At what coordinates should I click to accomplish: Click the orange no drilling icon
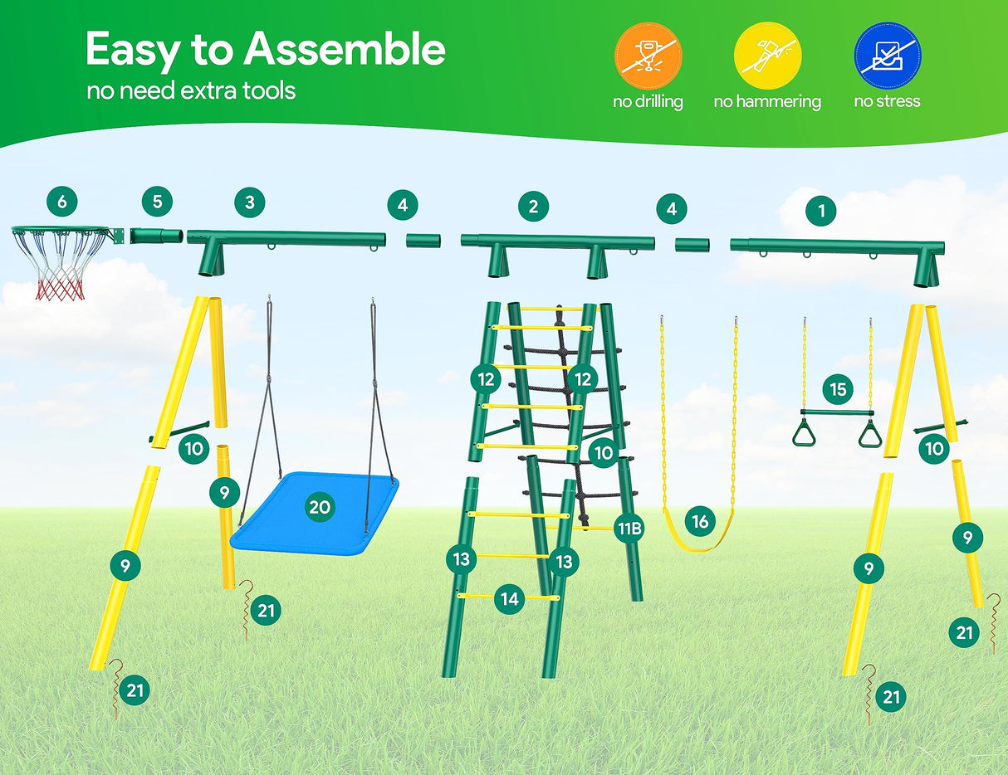pyautogui.click(x=648, y=56)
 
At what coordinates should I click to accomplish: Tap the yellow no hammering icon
pyautogui.click(x=767, y=56)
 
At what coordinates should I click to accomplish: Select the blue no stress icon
pyautogui.click(x=887, y=56)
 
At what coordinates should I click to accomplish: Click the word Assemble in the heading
pyautogui.click(x=345, y=50)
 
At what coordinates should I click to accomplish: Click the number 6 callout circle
pyautogui.click(x=62, y=201)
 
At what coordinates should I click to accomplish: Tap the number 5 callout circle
pyautogui.click(x=157, y=201)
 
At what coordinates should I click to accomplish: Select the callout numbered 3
pyautogui.click(x=250, y=202)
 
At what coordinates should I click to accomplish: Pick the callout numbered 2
pyautogui.click(x=533, y=207)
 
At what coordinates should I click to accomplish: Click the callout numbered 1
pyautogui.click(x=822, y=211)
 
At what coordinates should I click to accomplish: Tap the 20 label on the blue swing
pyautogui.click(x=320, y=508)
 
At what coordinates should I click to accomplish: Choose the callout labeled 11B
pyautogui.click(x=629, y=527)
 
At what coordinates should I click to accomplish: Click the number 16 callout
pyautogui.click(x=701, y=521)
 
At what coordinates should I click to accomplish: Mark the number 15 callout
pyautogui.click(x=839, y=388)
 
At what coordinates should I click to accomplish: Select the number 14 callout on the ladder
pyautogui.click(x=510, y=598)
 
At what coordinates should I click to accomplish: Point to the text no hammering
pyautogui.click(x=767, y=102)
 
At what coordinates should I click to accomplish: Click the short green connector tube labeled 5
pyautogui.click(x=157, y=236)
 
